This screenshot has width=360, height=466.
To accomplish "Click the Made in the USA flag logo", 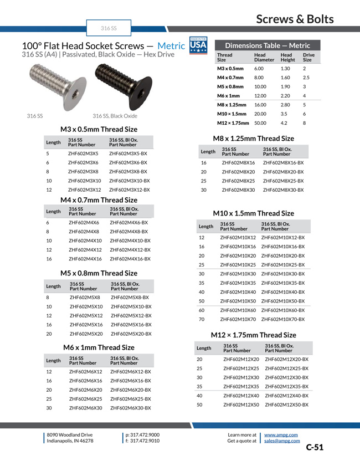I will coord(198,45).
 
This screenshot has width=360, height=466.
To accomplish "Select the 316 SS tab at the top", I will coord(109,28).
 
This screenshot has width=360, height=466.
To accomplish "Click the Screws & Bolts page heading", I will coord(295,19).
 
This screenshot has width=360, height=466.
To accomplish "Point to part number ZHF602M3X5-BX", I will coord(128,153).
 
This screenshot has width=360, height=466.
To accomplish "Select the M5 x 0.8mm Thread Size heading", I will coord(99,273).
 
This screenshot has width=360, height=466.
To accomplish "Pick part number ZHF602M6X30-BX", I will coord(131,408).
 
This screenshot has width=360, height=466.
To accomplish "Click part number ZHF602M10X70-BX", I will coord(282,319).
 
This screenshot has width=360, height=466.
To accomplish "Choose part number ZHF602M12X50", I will coord(241,404).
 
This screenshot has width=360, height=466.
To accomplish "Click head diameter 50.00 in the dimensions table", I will coord(260,122).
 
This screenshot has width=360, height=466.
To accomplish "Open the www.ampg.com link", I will coord(281,435).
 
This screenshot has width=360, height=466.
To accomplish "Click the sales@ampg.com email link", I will coord(282,441).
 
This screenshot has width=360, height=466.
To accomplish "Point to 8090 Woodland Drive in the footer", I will coord(70,435).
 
